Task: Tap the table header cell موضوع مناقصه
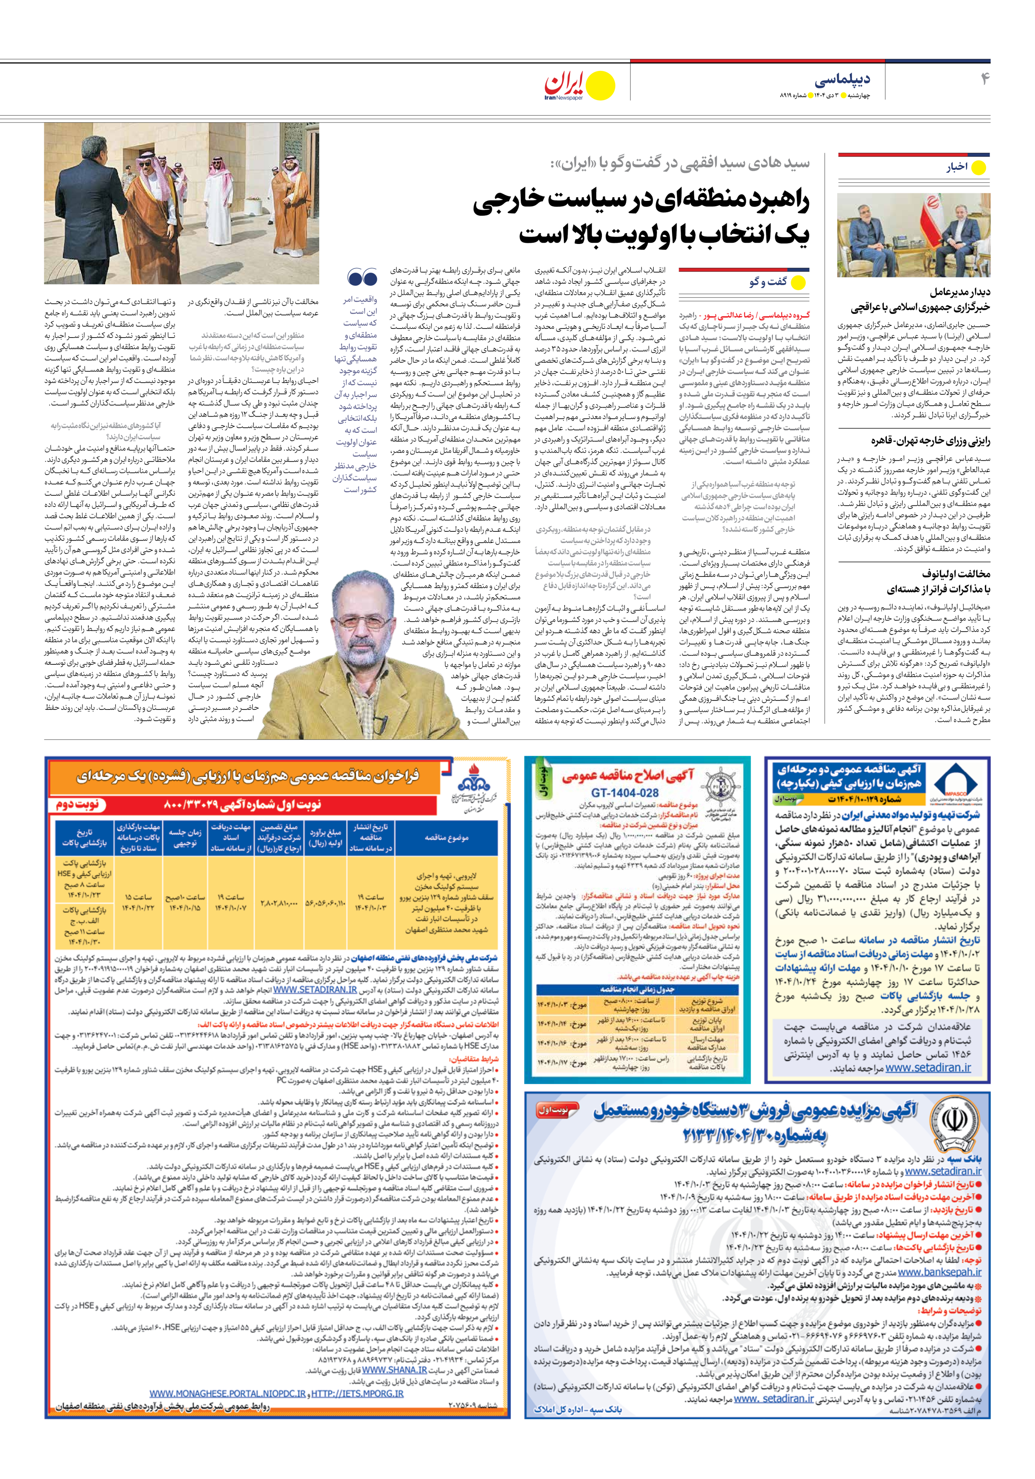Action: click(446, 838)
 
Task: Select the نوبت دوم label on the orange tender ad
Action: click(78, 805)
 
